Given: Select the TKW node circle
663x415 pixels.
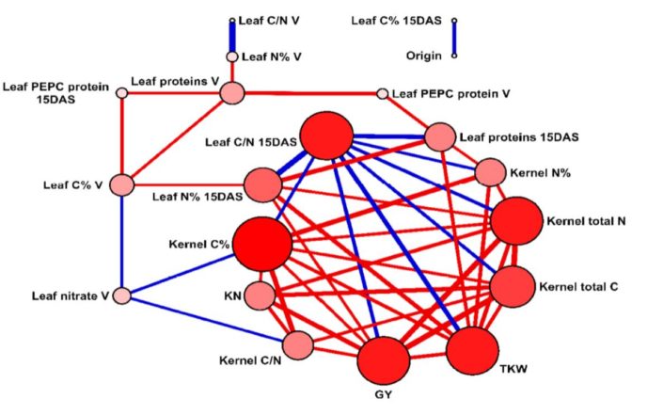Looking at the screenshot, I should pyautogui.click(x=472, y=353).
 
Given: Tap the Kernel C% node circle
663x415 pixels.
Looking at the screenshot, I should pyautogui.click(x=260, y=244).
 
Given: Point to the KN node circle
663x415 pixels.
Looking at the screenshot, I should pyautogui.click(x=260, y=296).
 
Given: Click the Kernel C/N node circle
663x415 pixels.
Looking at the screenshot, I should pyautogui.click(x=298, y=344).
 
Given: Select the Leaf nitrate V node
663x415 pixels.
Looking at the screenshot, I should pyautogui.click(x=121, y=295).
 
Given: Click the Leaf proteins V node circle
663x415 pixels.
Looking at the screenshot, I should pyautogui.click(x=231, y=92).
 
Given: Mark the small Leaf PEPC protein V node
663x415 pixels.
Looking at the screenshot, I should pyautogui.click(x=382, y=93).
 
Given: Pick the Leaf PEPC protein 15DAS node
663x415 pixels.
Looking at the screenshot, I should pyautogui.click(x=120, y=92).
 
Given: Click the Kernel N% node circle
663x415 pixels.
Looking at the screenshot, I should pyautogui.click(x=490, y=173).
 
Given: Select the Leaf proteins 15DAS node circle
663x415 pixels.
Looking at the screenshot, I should pyautogui.click(x=440, y=137).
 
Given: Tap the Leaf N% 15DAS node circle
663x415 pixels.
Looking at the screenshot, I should pyautogui.click(x=264, y=184).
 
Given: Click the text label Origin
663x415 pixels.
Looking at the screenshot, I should pyautogui.click(x=424, y=56).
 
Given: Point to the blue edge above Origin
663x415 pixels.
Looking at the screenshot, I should pyautogui.click(x=454, y=38).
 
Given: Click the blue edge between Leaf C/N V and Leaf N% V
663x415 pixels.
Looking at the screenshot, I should pyautogui.click(x=232, y=38).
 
